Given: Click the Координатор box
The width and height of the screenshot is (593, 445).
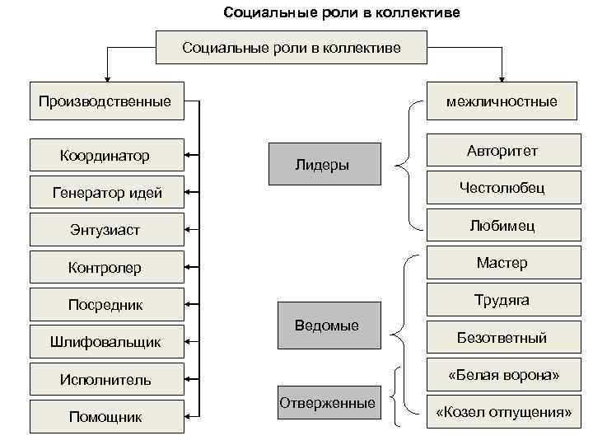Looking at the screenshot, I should pos(105,155).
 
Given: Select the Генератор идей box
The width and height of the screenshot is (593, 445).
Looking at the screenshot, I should pos(106,193).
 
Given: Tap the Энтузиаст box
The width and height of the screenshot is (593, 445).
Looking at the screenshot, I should pos(106,230).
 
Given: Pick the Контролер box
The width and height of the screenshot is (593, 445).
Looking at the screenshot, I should pos(106,267).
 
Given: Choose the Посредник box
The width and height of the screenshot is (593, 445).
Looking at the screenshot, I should pos(106,305).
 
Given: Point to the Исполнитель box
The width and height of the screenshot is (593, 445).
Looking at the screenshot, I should pos(106,380).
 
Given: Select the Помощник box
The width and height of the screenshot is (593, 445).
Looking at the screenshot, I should pos(106,417).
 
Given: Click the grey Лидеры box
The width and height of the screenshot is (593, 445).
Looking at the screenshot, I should pos(325,164).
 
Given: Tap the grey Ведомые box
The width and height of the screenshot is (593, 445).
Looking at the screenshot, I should pos(327,326).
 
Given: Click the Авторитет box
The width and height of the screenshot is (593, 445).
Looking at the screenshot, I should pos(502,151).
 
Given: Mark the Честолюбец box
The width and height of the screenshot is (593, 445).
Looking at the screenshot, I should pos(502,188).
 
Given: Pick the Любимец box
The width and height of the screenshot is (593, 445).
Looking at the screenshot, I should pos(502,225).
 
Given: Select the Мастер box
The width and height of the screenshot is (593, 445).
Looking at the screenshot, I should pos(502,263).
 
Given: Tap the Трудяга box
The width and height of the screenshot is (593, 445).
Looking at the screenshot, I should pos(502,300).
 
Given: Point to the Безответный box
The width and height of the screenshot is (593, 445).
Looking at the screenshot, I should pos(502,338).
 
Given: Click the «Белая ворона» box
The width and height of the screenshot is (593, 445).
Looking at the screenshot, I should pos(502,375).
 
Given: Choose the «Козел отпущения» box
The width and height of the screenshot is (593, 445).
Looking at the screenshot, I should pos(502,412).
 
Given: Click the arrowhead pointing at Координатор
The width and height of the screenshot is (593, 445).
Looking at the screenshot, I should pos(187,155).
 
